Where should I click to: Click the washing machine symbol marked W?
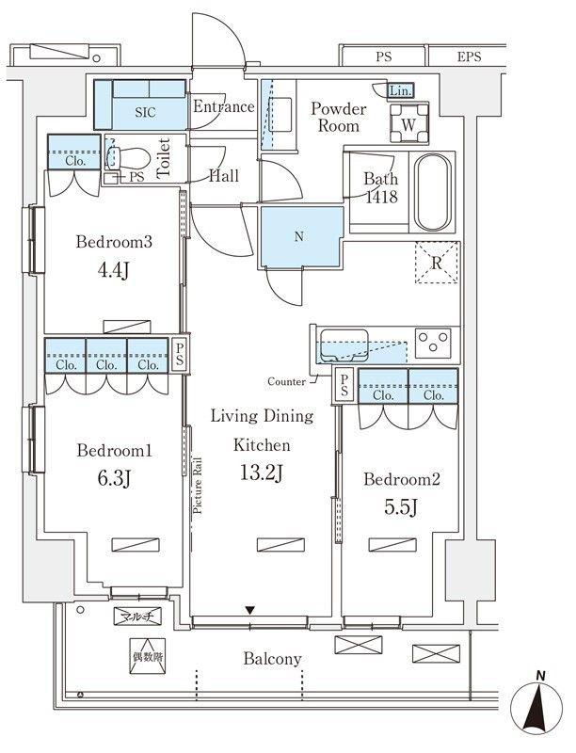[x=409, y=123]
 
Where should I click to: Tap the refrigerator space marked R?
[x=437, y=263]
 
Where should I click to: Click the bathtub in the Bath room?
[x=434, y=192]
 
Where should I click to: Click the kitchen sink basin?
[x=344, y=344]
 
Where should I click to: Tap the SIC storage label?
[x=145, y=112]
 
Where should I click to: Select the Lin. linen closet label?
[x=400, y=90]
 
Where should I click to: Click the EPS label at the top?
[x=469, y=56]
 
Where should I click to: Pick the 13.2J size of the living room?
[x=262, y=474]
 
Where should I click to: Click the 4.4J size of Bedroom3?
[x=113, y=271]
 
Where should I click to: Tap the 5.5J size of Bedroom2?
[x=401, y=507]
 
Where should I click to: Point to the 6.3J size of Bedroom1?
[x=114, y=478]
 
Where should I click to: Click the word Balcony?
[x=272, y=659]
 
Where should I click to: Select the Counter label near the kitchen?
[x=286, y=382]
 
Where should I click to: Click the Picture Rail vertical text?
[x=198, y=486]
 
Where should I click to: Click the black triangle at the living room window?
[x=249, y=610]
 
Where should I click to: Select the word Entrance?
[x=224, y=106]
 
